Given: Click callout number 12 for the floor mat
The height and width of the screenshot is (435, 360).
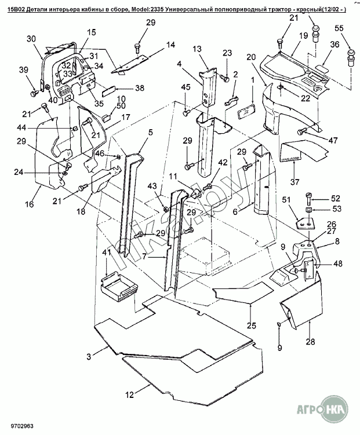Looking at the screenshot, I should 129,394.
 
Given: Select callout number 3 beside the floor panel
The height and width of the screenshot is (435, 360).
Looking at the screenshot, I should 89,354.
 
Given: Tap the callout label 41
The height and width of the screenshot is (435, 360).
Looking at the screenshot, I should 106,253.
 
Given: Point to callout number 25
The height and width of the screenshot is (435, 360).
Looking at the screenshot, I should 252,324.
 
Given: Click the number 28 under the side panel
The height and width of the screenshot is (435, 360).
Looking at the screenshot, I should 311,341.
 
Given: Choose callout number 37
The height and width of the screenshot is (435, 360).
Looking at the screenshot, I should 295,182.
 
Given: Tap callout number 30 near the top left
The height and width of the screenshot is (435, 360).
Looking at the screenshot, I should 31,39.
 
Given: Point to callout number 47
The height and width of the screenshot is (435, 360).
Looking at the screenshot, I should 333,141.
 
